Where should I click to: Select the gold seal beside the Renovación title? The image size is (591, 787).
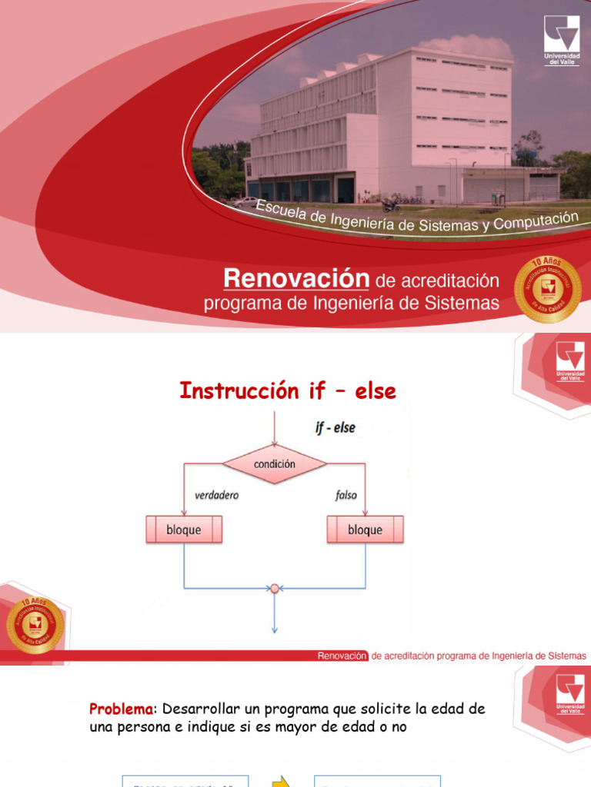pos(547,289)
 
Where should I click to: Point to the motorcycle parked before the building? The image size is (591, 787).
pos(391,206)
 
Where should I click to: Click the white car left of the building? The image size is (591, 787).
pos(245,201)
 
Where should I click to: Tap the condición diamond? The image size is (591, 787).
pos(275,464)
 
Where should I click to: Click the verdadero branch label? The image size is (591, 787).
pos(216,496)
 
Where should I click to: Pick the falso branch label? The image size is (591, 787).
pos(346,496)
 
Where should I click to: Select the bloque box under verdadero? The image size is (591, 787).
pos(184,530)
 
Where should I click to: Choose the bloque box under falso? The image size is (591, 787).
pos(365,530)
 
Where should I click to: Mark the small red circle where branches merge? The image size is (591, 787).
pos(274,589)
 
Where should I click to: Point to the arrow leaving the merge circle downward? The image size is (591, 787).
pos(274,615)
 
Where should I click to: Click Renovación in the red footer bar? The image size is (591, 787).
pos(342,656)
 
